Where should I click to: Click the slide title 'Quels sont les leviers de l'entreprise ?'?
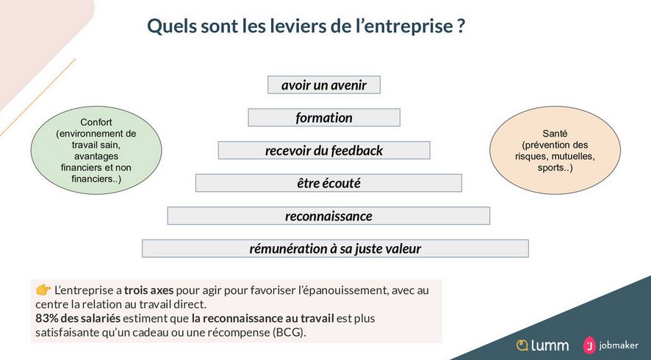click(x=306, y=26)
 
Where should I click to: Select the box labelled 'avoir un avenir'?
click(x=324, y=84)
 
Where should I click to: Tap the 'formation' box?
click(x=324, y=118)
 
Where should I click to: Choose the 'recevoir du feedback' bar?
click(x=324, y=151)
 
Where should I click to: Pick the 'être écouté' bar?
click(x=328, y=183)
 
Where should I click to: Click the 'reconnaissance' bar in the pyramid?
click(x=328, y=216)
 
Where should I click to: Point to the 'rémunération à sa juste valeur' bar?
click(x=335, y=248)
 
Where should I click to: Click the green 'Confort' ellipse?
click(x=96, y=151)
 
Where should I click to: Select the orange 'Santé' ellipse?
click(x=555, y=150)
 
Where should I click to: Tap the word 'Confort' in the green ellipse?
click(x=96, y=123)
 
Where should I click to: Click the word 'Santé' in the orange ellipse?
click(x=555, y=134)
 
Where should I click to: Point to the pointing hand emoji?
click(x=43, y=289)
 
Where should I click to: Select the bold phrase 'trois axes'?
click(x=148, y=289)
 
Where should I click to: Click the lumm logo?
click(x=542, y=345)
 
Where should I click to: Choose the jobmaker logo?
click(x=611, y=345)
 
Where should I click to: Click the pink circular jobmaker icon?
click(x=589, y=345)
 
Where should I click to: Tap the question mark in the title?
click(x=461, y=26)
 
